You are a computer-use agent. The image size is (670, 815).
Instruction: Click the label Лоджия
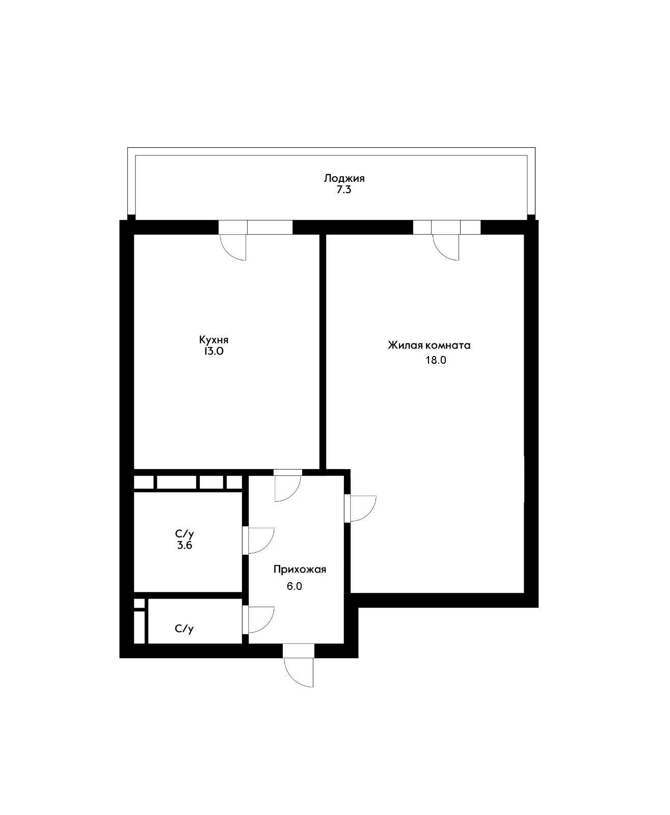click(x=344, y=178)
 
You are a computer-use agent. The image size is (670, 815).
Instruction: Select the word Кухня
click(x=213, y=340)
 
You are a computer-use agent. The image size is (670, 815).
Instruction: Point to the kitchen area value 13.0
click(x=213, y=351)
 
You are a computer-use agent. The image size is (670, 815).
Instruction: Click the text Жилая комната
click(x=429, y=345)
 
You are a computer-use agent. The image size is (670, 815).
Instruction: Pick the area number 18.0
click(x=436, y=361)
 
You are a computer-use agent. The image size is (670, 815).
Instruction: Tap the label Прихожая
click(x=300, y=569)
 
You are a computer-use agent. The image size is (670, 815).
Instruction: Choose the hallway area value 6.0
click(x=294, y=586)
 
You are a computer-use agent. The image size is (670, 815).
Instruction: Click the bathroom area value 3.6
click(x=184, y=546)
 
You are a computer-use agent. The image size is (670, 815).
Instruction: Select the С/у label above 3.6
click(x=184, y=534)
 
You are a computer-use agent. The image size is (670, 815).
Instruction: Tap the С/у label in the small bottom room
click(x=184, y=629)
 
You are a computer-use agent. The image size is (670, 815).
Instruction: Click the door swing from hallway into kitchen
click(x=287, y=488)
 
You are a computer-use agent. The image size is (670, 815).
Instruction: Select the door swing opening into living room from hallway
click(x=362, y=508)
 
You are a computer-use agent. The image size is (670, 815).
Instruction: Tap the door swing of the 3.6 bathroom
click(x=260, y=540)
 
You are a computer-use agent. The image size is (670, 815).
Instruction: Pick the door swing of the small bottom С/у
click(x=260, y=619)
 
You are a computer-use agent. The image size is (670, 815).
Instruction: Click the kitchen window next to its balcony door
click(x=270, y=227)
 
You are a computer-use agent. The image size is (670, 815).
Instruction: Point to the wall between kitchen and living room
click(x=323, y=351)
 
